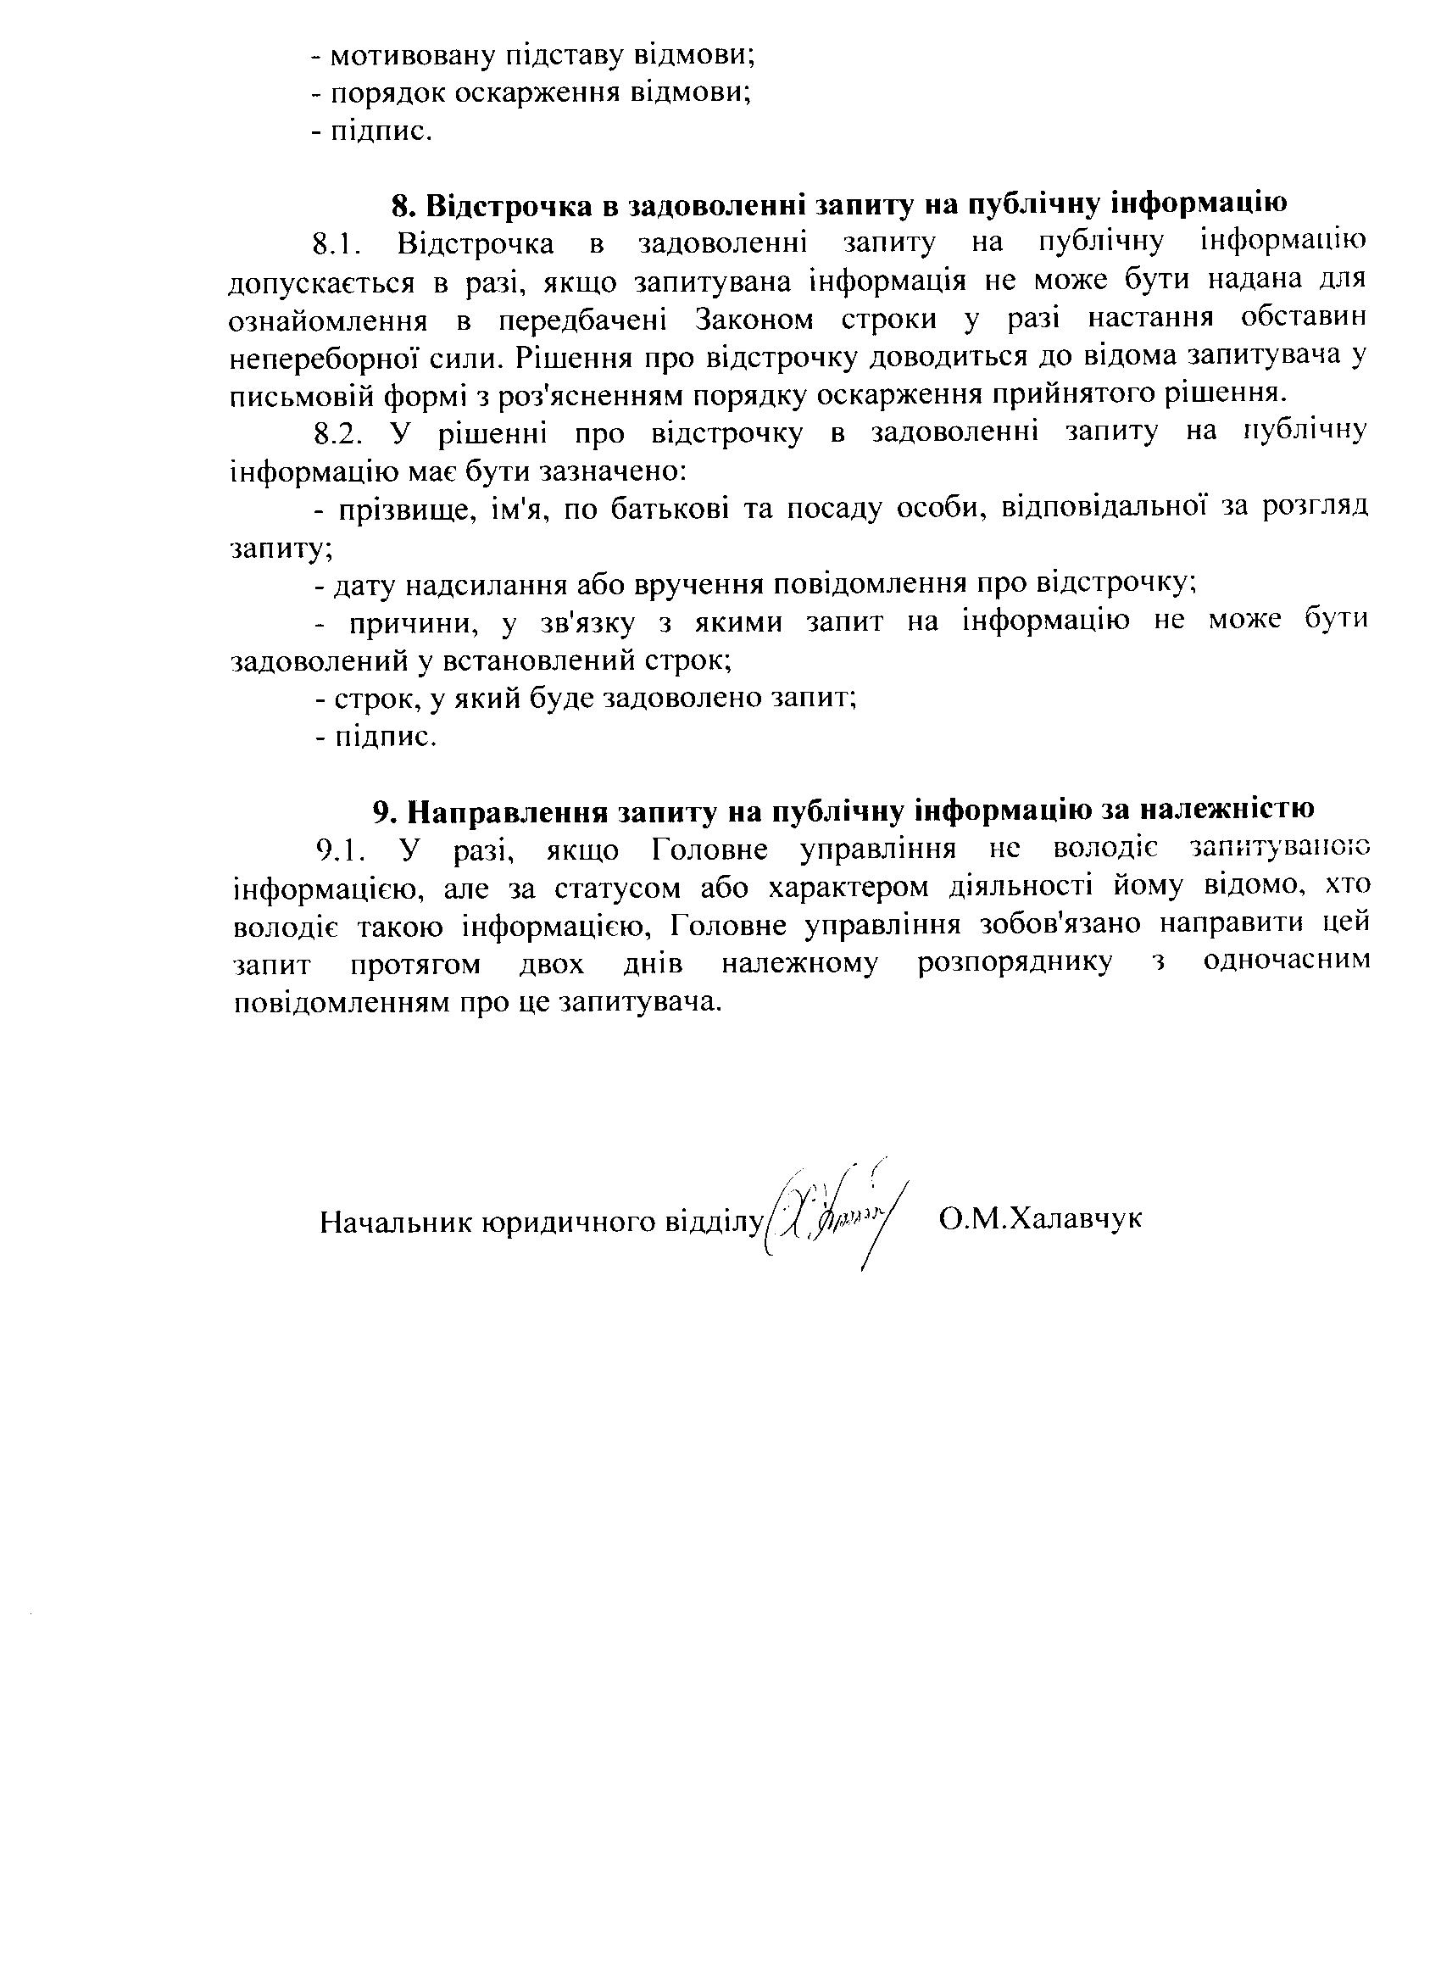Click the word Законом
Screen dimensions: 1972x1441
[x=754, y=320]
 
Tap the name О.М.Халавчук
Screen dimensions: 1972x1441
[x=1041, y=1218]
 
